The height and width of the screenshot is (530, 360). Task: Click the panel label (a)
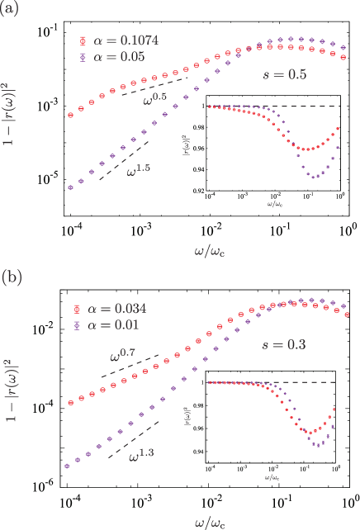[12, 12]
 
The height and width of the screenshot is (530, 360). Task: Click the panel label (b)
[12, 275]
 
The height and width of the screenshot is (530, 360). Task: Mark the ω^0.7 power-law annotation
[125, 356]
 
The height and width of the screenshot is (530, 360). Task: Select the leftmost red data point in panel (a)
[69, 115]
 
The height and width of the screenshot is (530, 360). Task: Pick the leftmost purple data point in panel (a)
[69, 187]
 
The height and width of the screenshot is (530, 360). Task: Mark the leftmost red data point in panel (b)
[69, 404]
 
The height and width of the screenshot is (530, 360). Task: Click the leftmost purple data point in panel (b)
[67, 466]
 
